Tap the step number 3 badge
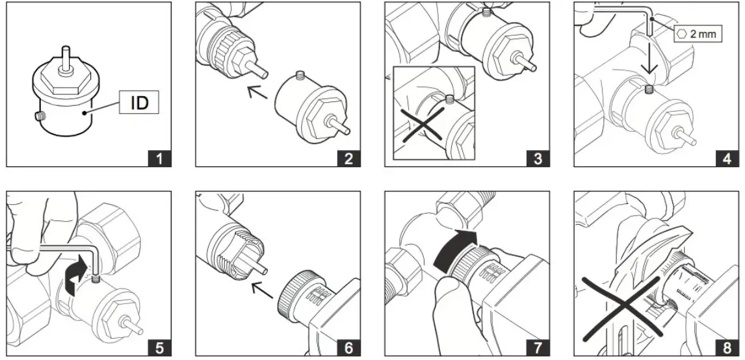tap(537, 158)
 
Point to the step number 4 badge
tap(727, 158)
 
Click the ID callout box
tap(139, 102)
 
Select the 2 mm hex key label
tap(698, 33)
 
